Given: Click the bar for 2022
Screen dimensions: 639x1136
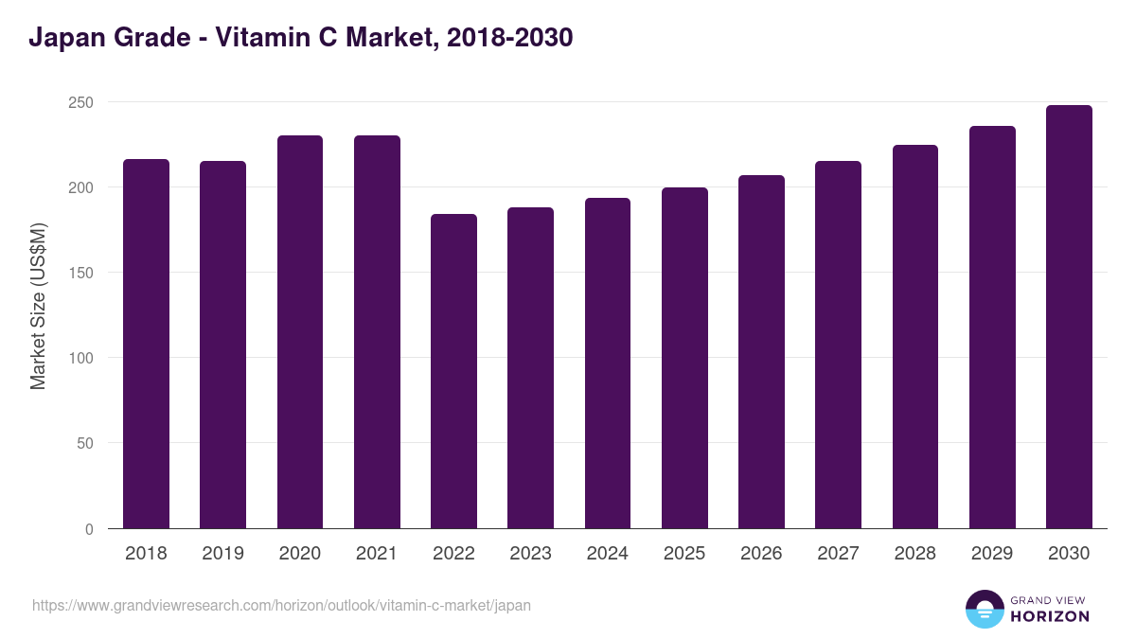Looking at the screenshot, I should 453,371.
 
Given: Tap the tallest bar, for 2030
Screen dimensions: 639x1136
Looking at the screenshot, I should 1069,317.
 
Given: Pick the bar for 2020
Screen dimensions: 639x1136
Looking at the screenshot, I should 300,332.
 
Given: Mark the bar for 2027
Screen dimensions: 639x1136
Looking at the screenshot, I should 839,345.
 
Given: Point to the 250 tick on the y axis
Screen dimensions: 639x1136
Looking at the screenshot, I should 82,102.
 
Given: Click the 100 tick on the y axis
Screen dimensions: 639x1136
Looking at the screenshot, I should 82,358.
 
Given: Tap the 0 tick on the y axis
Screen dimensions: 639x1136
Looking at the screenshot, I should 89,529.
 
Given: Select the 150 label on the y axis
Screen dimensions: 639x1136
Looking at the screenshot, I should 82,273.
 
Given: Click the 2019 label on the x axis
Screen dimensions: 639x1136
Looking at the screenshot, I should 222,554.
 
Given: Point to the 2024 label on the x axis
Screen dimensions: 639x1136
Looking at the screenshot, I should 607,554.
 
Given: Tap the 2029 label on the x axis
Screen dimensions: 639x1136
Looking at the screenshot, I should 992,554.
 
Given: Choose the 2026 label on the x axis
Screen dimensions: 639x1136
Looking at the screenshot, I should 761,554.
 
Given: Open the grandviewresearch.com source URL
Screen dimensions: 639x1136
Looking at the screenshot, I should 281,605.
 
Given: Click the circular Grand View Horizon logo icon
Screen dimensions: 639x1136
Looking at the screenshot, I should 985,609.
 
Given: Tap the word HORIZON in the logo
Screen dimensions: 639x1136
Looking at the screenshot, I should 1050,616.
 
